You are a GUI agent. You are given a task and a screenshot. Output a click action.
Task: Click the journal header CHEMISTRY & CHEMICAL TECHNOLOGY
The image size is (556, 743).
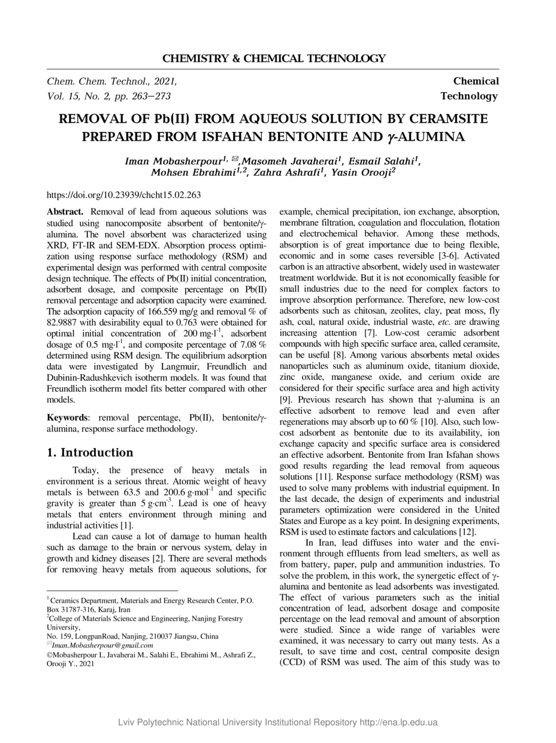coord(274,58)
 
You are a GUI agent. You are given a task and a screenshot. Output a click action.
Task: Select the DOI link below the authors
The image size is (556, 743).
coord(123,195)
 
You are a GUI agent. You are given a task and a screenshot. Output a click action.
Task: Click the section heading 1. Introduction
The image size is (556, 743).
coord(90,452)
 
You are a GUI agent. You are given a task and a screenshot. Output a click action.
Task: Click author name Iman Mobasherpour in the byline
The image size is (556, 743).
coord(173,161)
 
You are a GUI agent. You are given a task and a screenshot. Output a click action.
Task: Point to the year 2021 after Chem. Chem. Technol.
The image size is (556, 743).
coord(165,81)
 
